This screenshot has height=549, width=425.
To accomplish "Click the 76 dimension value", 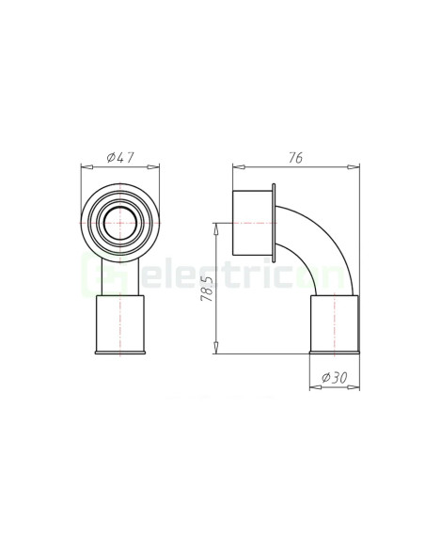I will (x=294, y=159).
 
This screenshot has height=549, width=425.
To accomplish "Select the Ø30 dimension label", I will (x=334, y=377).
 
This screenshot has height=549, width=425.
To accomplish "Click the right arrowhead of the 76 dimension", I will (x=357, y=168).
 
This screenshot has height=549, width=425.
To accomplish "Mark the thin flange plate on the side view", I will (x=273, y=224).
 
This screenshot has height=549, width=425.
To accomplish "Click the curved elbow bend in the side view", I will (x=324, y=244).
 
